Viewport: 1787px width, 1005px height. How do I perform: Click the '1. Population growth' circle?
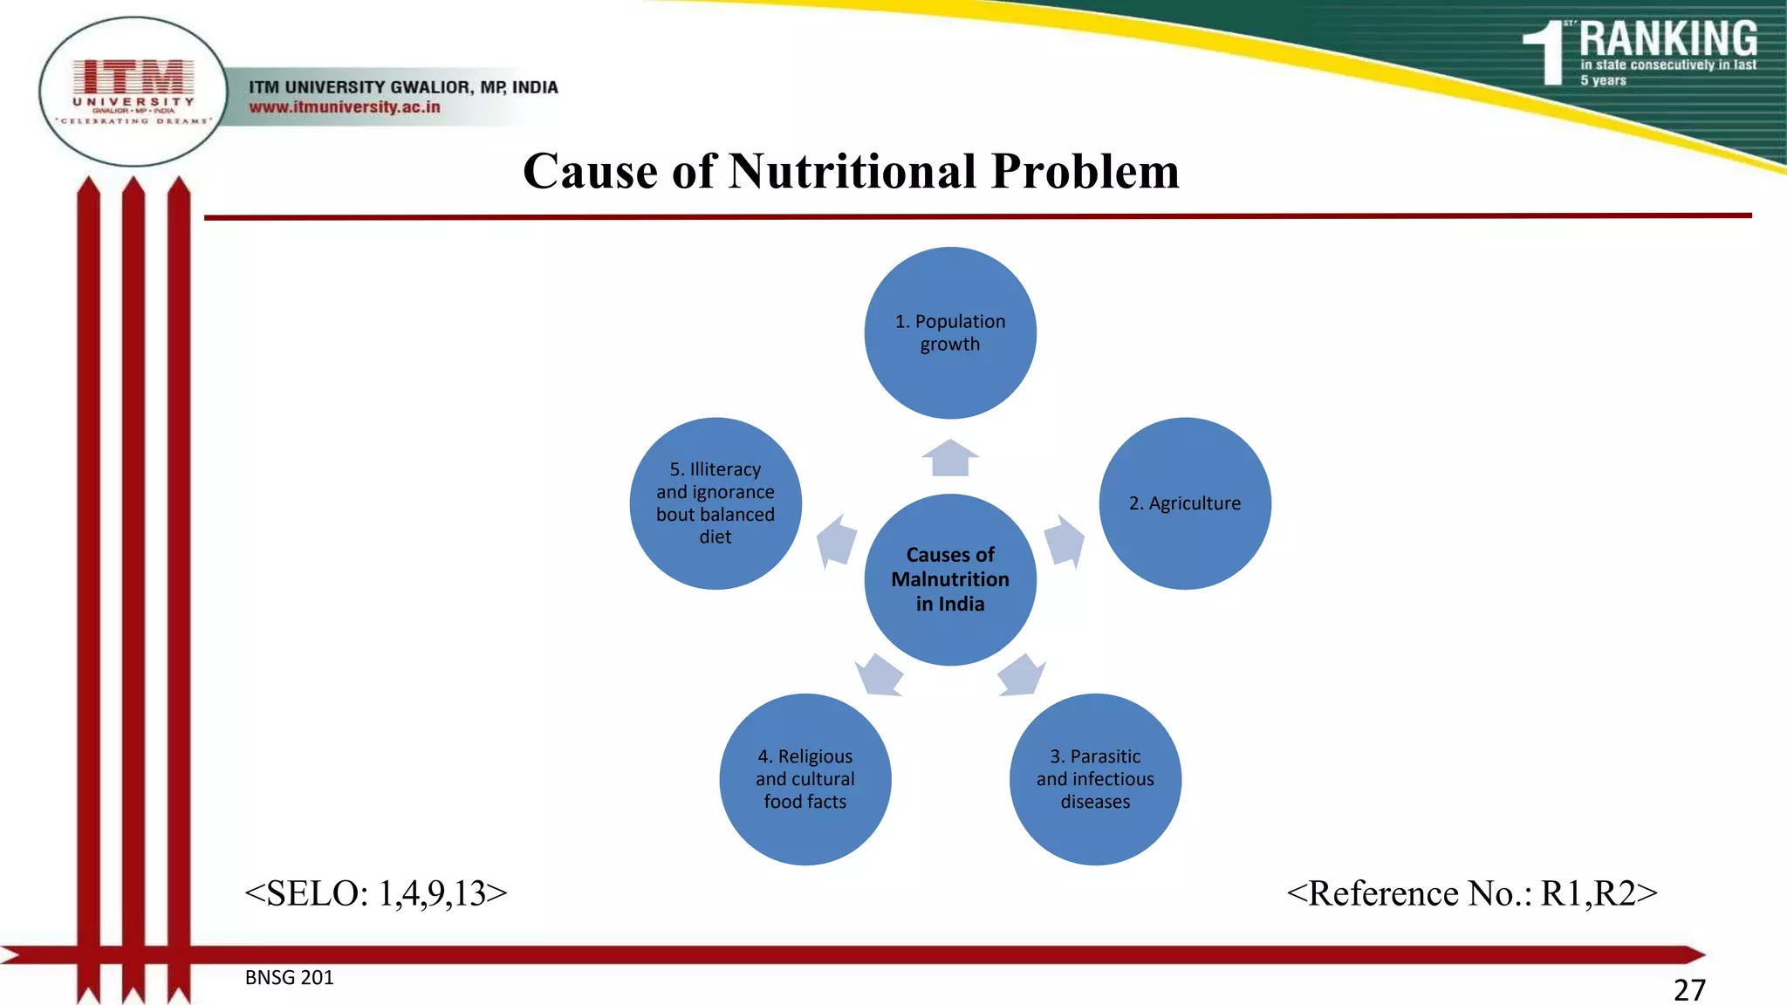point(950,332)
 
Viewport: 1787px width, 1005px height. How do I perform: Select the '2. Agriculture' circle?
point(1184,503)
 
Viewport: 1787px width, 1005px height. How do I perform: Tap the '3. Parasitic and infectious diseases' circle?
point(1095,779)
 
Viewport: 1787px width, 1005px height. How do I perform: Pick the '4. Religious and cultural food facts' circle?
point(804,779)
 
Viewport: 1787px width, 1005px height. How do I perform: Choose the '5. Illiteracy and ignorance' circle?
point(715,503)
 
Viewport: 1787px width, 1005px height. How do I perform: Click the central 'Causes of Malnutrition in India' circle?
point(950,579)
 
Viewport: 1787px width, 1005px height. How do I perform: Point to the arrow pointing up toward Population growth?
point(950,458)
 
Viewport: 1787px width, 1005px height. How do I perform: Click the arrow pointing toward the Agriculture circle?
point(1064,541)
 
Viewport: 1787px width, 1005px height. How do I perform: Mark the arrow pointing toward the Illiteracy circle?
point(837,541)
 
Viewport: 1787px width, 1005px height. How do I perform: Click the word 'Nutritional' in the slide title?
point(852,171)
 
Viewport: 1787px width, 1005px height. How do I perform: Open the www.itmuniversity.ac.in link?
point(345,107)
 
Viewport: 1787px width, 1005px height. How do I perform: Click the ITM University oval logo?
point(134,92)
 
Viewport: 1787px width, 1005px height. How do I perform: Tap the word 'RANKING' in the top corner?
point(1667,39)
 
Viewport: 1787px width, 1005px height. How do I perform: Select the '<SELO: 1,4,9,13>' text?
point(376,893)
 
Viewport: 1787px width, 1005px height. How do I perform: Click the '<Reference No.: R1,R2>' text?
point(1471,893)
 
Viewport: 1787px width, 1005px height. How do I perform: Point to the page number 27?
point(1689,989)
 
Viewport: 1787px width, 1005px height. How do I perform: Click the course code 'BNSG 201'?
point(289,977)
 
